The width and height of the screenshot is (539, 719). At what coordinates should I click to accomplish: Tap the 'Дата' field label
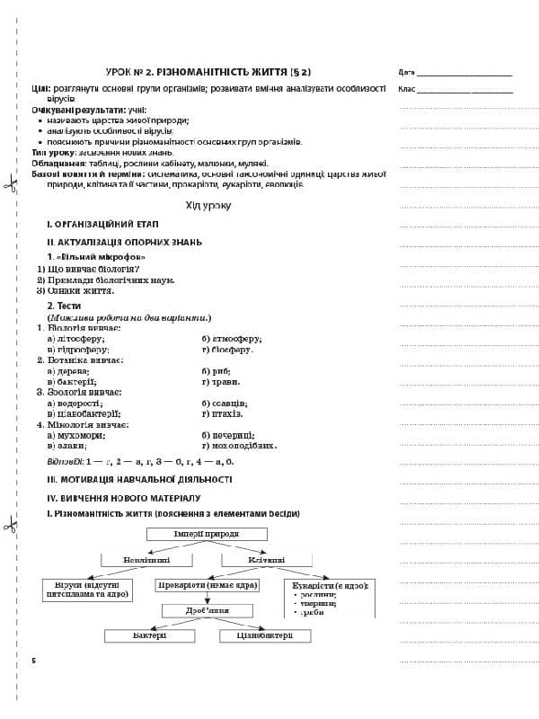point(406,72)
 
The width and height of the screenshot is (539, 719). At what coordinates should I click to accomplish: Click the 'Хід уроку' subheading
point(208,206)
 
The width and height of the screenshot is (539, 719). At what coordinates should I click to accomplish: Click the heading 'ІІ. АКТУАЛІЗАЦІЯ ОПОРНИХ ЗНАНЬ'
point(124,242)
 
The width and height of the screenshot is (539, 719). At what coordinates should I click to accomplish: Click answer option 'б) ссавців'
point(225,403)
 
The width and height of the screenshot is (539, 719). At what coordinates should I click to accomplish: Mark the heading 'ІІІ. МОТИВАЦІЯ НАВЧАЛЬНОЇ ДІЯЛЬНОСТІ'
point(139,479)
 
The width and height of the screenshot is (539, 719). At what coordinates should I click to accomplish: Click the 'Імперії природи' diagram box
point(207,534)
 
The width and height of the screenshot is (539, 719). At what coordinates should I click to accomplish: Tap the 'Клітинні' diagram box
point(266,560)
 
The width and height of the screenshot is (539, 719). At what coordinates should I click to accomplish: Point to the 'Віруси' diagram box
point(86,590)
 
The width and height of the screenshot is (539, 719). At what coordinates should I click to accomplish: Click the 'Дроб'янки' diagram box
point(207,610)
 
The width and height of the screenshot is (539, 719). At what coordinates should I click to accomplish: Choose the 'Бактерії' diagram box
point(149,635)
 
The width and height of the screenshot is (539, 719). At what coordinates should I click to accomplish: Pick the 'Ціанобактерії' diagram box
point(265,635)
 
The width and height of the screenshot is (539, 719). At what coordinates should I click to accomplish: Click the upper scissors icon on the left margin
point(10,186)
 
